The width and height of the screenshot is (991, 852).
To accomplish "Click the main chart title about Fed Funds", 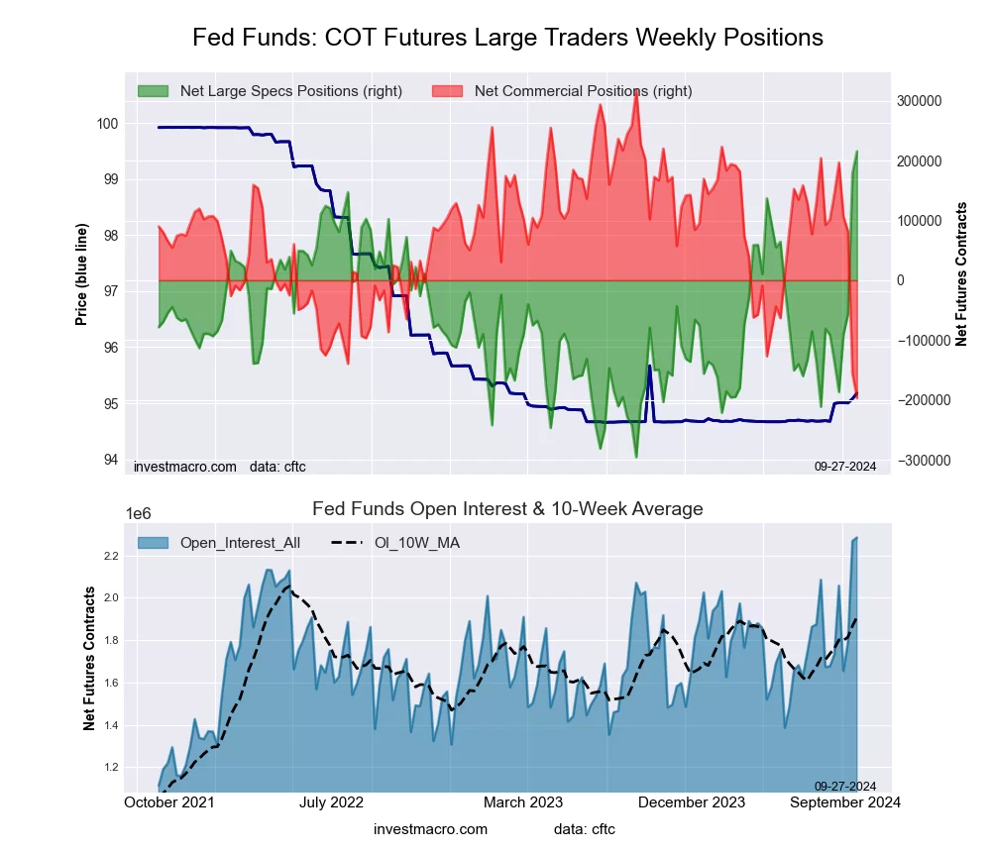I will [x=507, y=38].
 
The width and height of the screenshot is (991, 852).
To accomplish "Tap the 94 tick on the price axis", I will [x=111, y=460].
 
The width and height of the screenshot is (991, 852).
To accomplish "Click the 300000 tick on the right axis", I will [x=920, y=101].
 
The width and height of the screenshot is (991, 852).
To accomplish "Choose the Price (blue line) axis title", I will [x=82, y=273].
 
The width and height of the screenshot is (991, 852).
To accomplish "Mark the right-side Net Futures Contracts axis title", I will [x=961, y=273].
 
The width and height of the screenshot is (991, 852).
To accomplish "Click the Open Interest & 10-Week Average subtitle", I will [x=507, y=509].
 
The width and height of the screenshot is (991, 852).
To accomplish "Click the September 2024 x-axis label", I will [x=843, y=802].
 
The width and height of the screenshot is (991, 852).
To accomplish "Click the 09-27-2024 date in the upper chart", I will [x=845, y=466].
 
